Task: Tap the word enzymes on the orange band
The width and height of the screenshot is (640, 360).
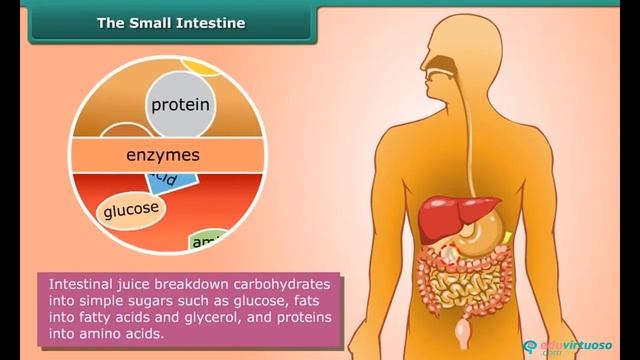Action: (163, 156)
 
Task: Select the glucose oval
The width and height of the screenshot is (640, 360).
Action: (132, 210)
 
